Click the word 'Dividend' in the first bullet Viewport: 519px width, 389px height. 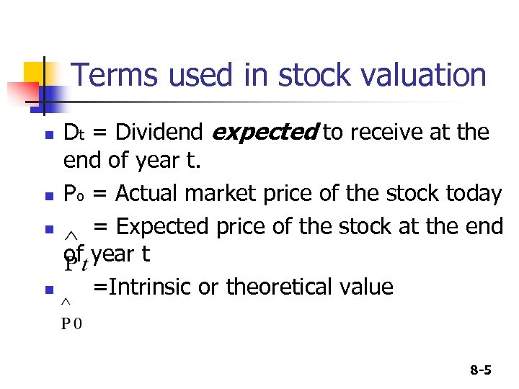(159, 133)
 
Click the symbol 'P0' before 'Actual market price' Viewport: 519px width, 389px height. (73, 194)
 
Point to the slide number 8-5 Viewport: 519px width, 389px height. (480, 371)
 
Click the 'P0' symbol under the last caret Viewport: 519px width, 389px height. (71, 323)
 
